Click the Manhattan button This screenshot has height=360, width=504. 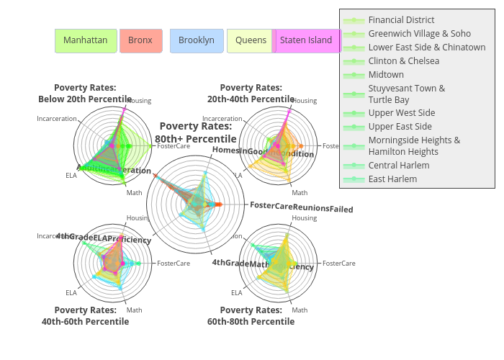click(x=85, y=40)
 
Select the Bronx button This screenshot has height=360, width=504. click(x=140, y=40)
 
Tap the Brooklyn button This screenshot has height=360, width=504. click(x=196, y=40)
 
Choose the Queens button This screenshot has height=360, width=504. click(x=251, y=40)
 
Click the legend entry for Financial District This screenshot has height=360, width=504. click(x=401, y=20)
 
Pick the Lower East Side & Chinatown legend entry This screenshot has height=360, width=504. click(x=426, y=48)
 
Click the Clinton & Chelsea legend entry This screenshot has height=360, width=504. click(x=403, y=61)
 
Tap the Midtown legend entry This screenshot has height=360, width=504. click(x=386, y=75)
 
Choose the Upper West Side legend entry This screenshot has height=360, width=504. click(x=401, y=113)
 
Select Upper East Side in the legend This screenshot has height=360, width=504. click(x=400, y=127)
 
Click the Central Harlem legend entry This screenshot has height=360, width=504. click(x=398, y=166)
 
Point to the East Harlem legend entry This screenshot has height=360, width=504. click(x=392, y=179)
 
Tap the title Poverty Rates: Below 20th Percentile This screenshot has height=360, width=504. click(x=85, y=93)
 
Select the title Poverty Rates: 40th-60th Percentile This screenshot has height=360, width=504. click(x=85, y=315)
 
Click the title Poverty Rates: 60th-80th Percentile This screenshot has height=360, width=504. click(x=251, y=315)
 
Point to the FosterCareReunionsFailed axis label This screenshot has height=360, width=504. click(x=301, y=209)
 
